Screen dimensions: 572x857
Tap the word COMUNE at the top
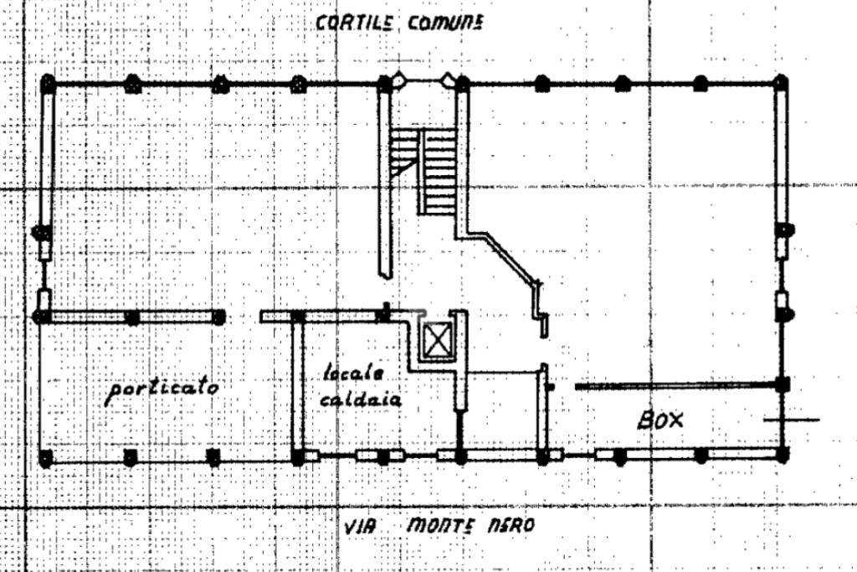click(445, 23)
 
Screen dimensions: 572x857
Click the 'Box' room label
click(660, 419)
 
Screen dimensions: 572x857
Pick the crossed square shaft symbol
click(436, 340)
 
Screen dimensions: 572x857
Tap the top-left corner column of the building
click(48, 84)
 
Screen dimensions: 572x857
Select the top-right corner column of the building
click(780, 83)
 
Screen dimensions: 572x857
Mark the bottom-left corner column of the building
click(46, 458)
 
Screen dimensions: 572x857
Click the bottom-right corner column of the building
click(783, 456)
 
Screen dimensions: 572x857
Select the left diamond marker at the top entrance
click(400, 80)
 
